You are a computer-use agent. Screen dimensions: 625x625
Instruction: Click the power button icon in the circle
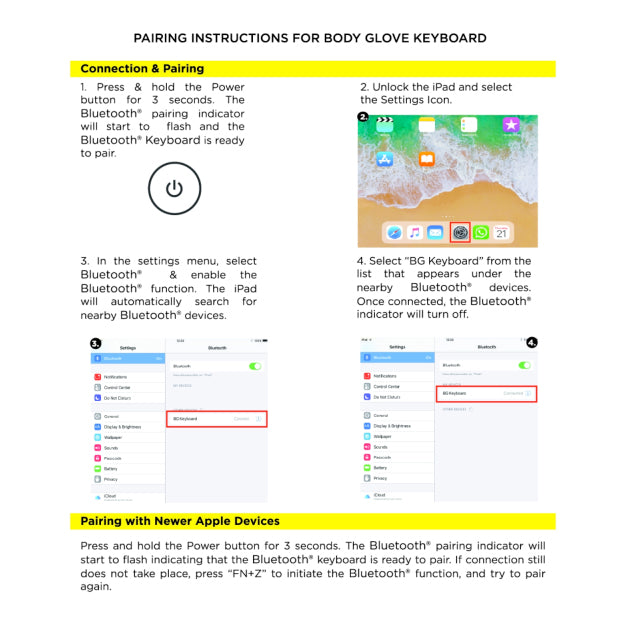[x=174, y=188]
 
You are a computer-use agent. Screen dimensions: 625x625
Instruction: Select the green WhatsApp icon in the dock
[x=481, y=232]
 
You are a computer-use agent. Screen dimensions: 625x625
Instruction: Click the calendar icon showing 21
[x=502, y=232]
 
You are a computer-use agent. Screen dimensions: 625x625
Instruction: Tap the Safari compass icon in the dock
[x=393, y=232]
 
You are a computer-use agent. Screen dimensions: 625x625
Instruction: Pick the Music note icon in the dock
[x=415, y=232]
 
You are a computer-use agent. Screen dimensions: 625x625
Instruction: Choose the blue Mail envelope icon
[x=436, y=232]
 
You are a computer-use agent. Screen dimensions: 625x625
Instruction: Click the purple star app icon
[x=511, y=125]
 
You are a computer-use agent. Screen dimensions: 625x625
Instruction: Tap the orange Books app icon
[x=427, y=159]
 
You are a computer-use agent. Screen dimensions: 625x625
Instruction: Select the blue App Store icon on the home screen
[x=384, y=159]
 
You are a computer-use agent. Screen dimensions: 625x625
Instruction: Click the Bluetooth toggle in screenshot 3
[x=254, y=367]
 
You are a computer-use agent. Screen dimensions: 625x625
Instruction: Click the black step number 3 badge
[x=96, y=343]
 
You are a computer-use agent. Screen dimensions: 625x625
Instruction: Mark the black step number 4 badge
[x=531, y=341]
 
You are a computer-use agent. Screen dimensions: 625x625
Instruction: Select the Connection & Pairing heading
[x=142, y=69]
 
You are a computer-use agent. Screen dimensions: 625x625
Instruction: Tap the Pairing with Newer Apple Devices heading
[x=180, y=521]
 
